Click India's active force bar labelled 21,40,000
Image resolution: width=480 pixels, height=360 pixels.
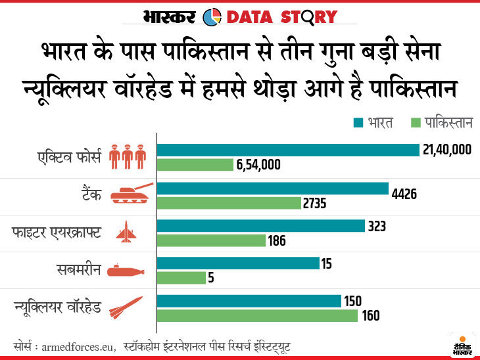point(288,150)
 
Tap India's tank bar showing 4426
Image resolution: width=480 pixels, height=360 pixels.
point(273,189)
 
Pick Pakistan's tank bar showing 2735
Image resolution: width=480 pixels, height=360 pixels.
point(229,203)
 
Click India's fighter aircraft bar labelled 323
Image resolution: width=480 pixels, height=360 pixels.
point(260,226)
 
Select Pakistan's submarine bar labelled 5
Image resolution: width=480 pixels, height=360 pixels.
point(181,278)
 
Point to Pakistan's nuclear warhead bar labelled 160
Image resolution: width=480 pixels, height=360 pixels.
point(257,316)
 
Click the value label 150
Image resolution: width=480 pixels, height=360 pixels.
point(352,302)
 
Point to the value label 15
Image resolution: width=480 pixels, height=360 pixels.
point(327,263)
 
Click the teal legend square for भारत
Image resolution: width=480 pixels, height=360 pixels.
point(358,123)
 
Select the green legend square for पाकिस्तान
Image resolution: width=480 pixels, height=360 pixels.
point(415,123)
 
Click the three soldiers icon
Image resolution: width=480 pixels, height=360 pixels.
point(127,155)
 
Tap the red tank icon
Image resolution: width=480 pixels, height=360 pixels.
point(132,193)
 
